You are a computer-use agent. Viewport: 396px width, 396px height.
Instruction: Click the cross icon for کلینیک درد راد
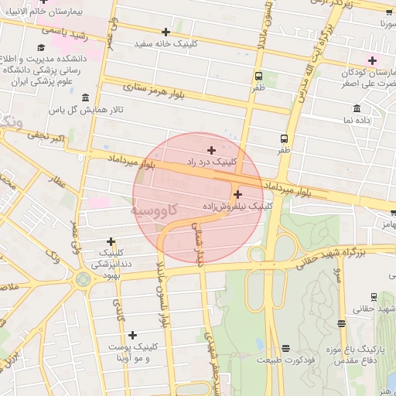(x=211, y=149)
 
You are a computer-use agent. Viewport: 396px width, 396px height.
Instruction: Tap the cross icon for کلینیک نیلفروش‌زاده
(x=237, y=195)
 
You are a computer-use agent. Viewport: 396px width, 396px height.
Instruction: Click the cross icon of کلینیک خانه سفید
(x=166, y=32)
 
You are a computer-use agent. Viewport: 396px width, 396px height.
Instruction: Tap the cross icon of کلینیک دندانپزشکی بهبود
(x=111, y=241)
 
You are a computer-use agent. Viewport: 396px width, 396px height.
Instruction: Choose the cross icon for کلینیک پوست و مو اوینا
(x=132, y=335)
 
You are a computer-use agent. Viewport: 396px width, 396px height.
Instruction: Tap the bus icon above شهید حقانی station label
(x=374, y=296)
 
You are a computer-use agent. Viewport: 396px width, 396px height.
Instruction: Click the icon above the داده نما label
(x=356, y=108)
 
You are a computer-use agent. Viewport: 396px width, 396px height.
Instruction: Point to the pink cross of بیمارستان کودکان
(x=372, y=60)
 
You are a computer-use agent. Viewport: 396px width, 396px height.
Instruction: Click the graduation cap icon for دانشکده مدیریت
(x=40, y=48)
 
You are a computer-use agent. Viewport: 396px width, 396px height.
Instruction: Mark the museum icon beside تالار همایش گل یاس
(x=84, y=97)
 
